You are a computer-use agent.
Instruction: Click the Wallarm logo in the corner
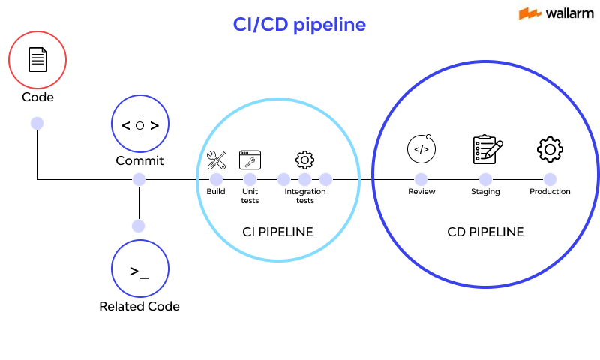tap(552, 13)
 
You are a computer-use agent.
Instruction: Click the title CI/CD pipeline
tap(299, 25)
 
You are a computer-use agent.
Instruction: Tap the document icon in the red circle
tap(37, 59)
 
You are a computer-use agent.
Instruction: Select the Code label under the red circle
tap(37, 97)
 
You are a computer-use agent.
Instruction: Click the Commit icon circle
tap(139, 124)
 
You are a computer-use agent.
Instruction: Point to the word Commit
tap(139, 160)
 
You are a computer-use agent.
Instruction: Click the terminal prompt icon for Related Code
tap(139, 271)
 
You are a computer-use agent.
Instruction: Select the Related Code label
tap(139, 306)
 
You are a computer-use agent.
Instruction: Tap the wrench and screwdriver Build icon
tap(216, 159)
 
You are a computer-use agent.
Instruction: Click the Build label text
tap(216, 192)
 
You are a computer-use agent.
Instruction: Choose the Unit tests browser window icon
tap(250, 159)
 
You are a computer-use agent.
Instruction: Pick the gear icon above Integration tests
tap(304, 159)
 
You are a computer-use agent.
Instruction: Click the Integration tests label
tap(304, 196)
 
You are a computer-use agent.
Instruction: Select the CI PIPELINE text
tap(277, 232)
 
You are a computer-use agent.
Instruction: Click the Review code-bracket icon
tap(421, 148)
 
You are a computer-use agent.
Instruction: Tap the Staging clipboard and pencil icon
tap(487, 149)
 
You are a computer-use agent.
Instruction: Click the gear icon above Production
tap(550, 149)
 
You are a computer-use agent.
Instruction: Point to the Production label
tap(550, 192)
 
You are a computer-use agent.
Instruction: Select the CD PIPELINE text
tap(485, 232)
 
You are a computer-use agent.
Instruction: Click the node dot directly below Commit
tap(139, 179)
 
